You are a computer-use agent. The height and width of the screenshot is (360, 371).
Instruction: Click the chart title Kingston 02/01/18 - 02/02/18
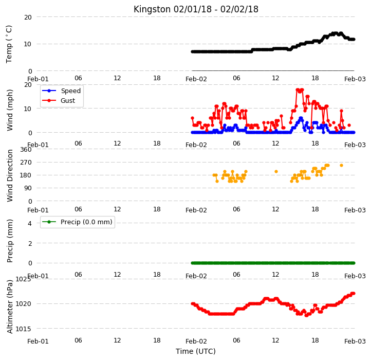[196, 9]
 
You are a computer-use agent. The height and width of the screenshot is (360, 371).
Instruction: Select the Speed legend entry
[62, 91]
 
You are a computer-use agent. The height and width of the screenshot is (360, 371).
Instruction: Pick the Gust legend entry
[59, 100]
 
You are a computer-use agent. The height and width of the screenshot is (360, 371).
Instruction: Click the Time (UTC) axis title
[196, 351]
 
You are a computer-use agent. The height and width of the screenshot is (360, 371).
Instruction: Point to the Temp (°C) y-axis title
[9, 44]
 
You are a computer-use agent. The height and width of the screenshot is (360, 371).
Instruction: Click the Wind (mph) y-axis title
[10, 110]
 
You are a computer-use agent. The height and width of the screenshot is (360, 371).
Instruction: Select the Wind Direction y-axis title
[10, 176]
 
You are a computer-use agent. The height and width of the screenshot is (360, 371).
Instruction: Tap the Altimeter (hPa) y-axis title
[10, 307]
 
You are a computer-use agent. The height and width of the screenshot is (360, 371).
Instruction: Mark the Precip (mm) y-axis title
[10, 241]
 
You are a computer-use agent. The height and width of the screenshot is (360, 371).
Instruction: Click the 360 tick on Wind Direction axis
[26, 150]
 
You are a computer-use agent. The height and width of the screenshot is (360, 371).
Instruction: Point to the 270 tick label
[26, 163]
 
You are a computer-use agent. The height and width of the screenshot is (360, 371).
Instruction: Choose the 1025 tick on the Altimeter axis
[23, 279]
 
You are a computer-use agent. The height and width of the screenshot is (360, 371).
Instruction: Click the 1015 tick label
[23, 329]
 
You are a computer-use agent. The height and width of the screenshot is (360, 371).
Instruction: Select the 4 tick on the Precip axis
[30, 223]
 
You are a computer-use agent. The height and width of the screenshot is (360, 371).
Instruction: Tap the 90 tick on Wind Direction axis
[28, 188]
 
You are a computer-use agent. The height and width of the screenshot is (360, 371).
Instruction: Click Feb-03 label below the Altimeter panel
[355, 341]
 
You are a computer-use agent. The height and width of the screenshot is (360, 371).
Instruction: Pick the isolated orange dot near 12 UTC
[276, 171]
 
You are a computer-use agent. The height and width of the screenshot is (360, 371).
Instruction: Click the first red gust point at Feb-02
[192, 118]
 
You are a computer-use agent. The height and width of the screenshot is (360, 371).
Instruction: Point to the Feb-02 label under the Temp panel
[196, 79]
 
